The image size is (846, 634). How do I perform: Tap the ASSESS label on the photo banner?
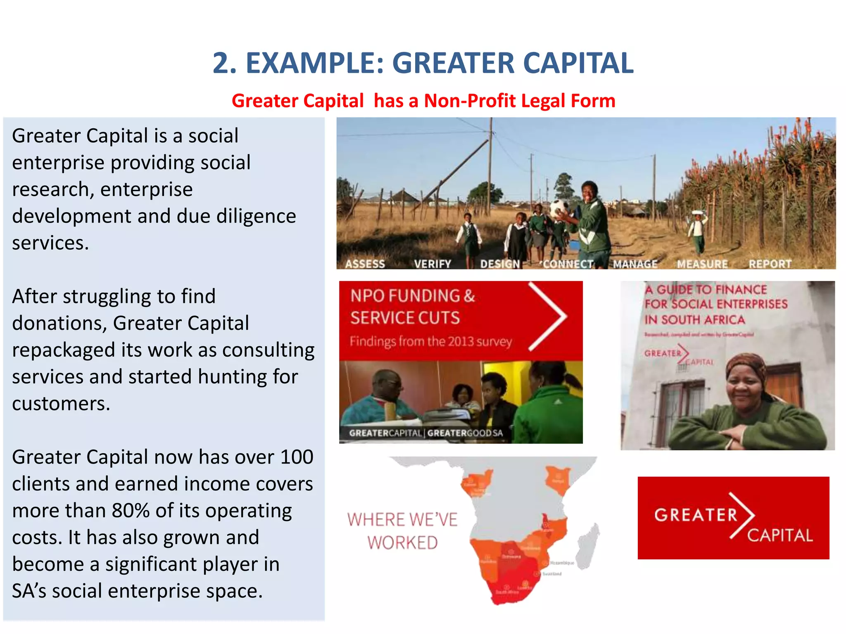coord(365,264)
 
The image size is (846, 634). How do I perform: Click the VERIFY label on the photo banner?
coord(433,264)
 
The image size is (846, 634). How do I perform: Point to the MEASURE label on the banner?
coord(702,264)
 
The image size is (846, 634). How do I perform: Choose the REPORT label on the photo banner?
coord(770,264)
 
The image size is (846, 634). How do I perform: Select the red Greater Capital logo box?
coord(733,518)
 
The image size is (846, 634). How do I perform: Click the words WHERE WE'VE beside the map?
coord(402,520)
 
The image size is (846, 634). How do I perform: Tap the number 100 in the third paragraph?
coord(296,457)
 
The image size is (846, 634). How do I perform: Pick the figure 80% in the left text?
coord(131,511)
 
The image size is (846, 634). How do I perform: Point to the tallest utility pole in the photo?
coord(491,165)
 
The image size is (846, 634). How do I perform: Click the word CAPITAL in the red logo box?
coord(780,535)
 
